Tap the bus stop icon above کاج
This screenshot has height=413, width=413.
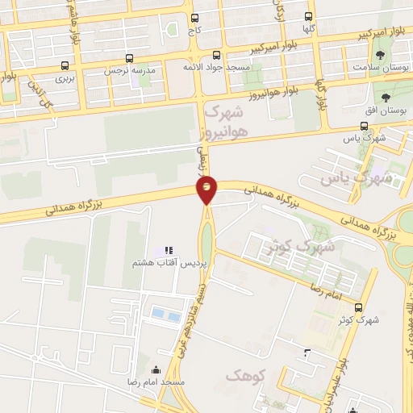pyautogui.click(x=194, y=16)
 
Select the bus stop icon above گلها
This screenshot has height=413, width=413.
pyautogui.click(x=309, y=16)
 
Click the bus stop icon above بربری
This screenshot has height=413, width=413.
pyautogui.click(x=65, y=65)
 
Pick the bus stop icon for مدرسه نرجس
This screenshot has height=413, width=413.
pyautogui.click(x=130, y=59)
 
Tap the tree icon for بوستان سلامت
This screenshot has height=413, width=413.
pyautogui.click(x=381, y=55)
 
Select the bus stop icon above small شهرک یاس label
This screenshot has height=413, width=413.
pyautogui.click(x=364, y=126)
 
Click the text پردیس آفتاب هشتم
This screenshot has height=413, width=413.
pyautogui.click(x=170, y=264)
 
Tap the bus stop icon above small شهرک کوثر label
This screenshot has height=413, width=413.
pyautogui.click(x=359, y=307)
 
